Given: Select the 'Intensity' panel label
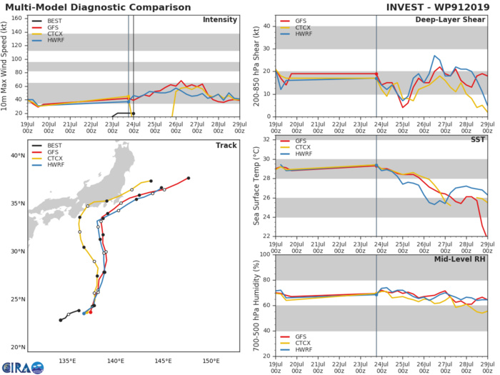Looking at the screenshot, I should [x=220, y=19].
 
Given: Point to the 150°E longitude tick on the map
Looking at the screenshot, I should [x=211, y=361].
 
